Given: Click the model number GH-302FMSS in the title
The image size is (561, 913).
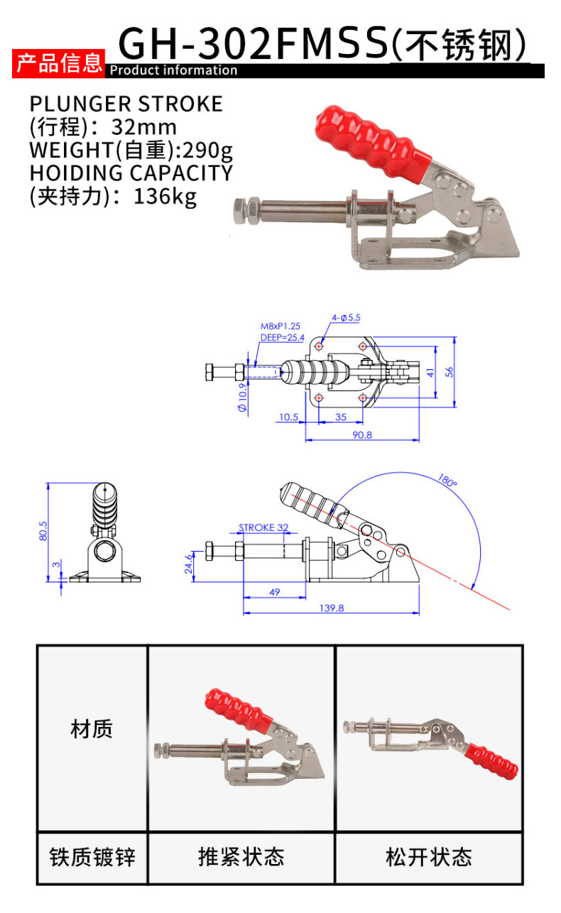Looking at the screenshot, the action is (x=253, y=43).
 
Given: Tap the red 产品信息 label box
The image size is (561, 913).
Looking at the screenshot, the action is (x=58, y=63).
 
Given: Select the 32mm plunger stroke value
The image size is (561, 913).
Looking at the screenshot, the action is (x=144, y=127).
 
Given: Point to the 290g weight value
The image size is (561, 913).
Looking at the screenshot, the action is (x=207, y=151).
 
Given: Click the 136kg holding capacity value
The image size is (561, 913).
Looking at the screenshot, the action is (x=165, y=197).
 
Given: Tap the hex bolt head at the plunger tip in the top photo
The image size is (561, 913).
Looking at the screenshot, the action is (x=246, y=210).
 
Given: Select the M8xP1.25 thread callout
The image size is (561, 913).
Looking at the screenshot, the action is (x=280, y=326).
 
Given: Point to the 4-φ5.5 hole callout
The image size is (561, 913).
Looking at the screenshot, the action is (x=346, y=317).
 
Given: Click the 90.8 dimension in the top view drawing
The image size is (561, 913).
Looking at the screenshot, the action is (x=362, y=435).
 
